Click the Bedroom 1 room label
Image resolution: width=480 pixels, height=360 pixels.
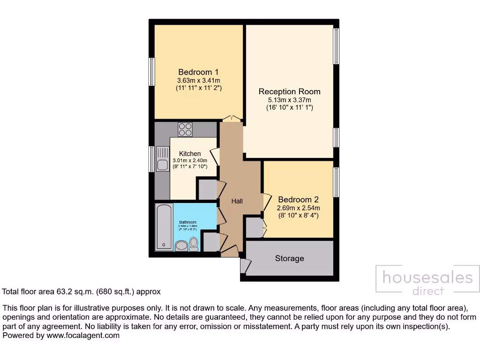(x=198, y=72)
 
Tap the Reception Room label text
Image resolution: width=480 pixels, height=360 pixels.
(x=289, y=91)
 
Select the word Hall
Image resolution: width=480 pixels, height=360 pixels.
(x=237, y=201)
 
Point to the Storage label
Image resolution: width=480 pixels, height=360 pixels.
(x=289, y=258)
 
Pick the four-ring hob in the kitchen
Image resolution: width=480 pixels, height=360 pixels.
(x=185, y=129)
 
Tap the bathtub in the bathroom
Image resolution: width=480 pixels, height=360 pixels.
(x=163, y=227)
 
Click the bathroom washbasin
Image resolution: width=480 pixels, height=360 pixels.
(x=180, y=246)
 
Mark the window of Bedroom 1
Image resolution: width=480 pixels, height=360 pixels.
(x=152, y=72)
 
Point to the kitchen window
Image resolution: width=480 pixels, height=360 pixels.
(x=152, y=159)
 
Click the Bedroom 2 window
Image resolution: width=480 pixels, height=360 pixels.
(x=336, y=182)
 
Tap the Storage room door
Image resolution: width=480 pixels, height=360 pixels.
(x=244, y=266)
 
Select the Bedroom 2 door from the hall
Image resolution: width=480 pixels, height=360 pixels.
(x=266, y=202)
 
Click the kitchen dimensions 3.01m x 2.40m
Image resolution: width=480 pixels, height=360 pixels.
(x=190, y=160)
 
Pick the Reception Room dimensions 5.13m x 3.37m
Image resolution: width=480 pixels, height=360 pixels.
(x=289, y=100)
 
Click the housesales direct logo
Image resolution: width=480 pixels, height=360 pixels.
(x=427, y=281)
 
